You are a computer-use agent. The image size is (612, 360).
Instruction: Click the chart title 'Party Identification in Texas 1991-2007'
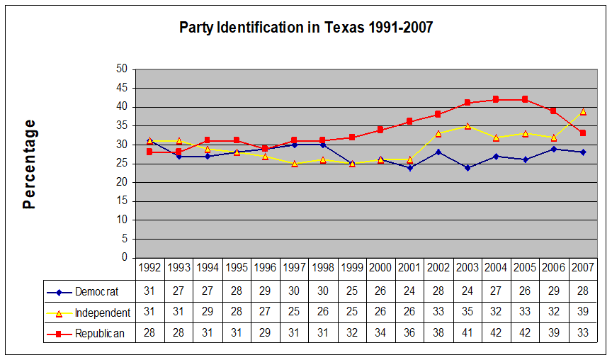tap(305, 28)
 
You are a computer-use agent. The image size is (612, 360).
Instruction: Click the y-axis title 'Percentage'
tap(29, 164)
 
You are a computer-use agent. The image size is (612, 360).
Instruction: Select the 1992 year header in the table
tap(149, 268)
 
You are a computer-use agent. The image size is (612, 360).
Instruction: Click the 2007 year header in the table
tap(583, 268)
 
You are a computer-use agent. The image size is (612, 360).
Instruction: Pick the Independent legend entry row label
tap(102, 313)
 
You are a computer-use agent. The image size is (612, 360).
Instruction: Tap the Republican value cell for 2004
tap(496, 334)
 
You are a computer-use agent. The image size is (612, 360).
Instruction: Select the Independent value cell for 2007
tap(583, 313)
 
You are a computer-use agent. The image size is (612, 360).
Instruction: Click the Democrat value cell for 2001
tap(409, 291)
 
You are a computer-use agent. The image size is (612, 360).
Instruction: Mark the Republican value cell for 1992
tap(149, 334)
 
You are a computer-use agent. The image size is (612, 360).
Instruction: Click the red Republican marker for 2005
tap(525, 99)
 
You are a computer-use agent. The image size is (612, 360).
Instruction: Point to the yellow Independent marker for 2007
tap(583, 111)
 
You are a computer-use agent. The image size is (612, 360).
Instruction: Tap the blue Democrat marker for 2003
tap(467, 167)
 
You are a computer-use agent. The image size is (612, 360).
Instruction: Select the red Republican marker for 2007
tap(583, 133)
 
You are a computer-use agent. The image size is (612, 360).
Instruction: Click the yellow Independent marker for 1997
tap(294, 164)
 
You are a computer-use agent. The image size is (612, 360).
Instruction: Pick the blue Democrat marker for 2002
tap(438, 152)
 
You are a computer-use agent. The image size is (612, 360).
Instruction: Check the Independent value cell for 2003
tap(467, 313)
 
